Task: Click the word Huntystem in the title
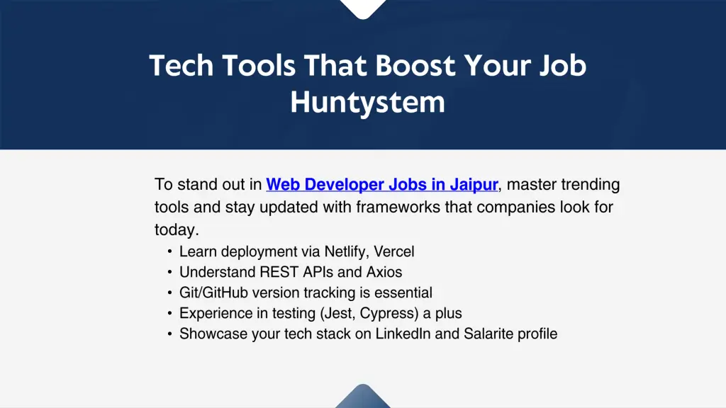[x=367, y=103]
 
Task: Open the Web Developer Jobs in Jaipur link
[x=382, y=185]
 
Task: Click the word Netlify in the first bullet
[x=346, y=251]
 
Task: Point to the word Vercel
[x=394, y=251]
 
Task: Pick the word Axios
[x=384, y=272]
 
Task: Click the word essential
[x=402, y=293]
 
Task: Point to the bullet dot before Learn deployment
[x=169, y=251]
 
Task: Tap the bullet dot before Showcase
[x=169, y=334]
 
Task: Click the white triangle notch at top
[x=363, y=7]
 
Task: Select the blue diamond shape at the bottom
[x=363, y=397]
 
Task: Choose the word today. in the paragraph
[x=177, y=230]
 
